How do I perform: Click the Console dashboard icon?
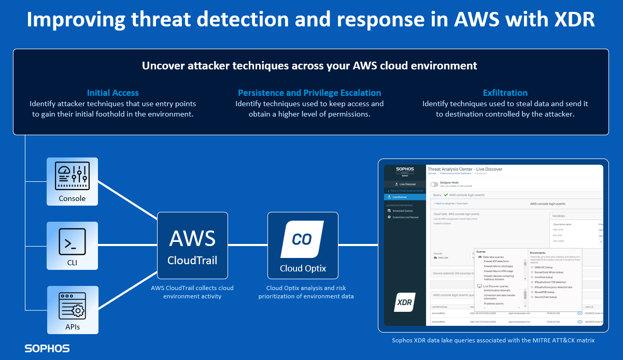72,177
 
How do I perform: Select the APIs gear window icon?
72,305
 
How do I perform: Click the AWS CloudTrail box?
192,247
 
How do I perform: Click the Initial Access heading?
112,93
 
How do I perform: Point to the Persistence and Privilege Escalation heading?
309,93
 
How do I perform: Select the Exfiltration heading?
505,93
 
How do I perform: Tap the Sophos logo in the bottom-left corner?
47,349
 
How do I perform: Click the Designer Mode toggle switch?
434,184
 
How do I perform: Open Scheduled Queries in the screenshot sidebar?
402,211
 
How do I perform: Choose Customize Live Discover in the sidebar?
405,217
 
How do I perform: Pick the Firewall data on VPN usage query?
498,271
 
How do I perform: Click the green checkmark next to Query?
446,195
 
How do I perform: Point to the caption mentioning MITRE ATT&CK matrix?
492,340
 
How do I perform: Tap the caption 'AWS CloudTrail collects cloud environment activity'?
192,292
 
